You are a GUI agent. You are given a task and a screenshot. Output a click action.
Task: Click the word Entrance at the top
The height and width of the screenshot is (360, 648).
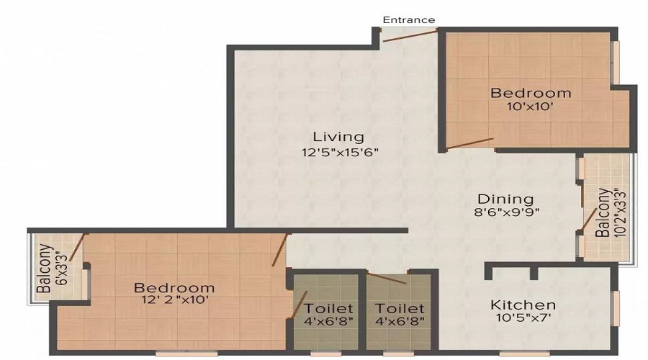click(x=408, y=20)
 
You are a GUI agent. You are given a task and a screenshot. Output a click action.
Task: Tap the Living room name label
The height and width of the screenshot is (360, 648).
click(x=338, y=136)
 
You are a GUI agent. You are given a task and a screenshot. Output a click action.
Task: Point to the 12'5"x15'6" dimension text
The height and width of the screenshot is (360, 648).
click(x=340, y=152)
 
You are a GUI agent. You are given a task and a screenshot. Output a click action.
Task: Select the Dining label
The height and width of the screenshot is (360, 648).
click(x=506, y=199)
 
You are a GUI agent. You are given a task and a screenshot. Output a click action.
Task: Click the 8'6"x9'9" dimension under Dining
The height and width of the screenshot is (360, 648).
click(x=506, y=212)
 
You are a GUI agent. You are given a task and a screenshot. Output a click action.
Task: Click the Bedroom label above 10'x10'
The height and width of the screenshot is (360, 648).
click(x=531, y=93)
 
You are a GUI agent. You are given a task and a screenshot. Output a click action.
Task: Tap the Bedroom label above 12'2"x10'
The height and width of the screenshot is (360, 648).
click(x=174, y=287)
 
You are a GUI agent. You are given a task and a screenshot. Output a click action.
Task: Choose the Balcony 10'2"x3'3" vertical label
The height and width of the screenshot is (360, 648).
click(x=606, y=213)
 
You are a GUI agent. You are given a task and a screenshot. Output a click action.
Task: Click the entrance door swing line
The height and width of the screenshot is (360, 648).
click(x=409, y=36)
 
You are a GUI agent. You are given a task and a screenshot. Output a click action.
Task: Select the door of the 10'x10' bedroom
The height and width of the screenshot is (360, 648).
click(x=469, y=143)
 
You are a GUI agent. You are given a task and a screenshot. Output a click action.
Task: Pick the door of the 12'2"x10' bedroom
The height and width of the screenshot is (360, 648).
click(x=280, y=249)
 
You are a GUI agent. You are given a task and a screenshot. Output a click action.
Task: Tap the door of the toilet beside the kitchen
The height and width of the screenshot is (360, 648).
click(x=386, y=279)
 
